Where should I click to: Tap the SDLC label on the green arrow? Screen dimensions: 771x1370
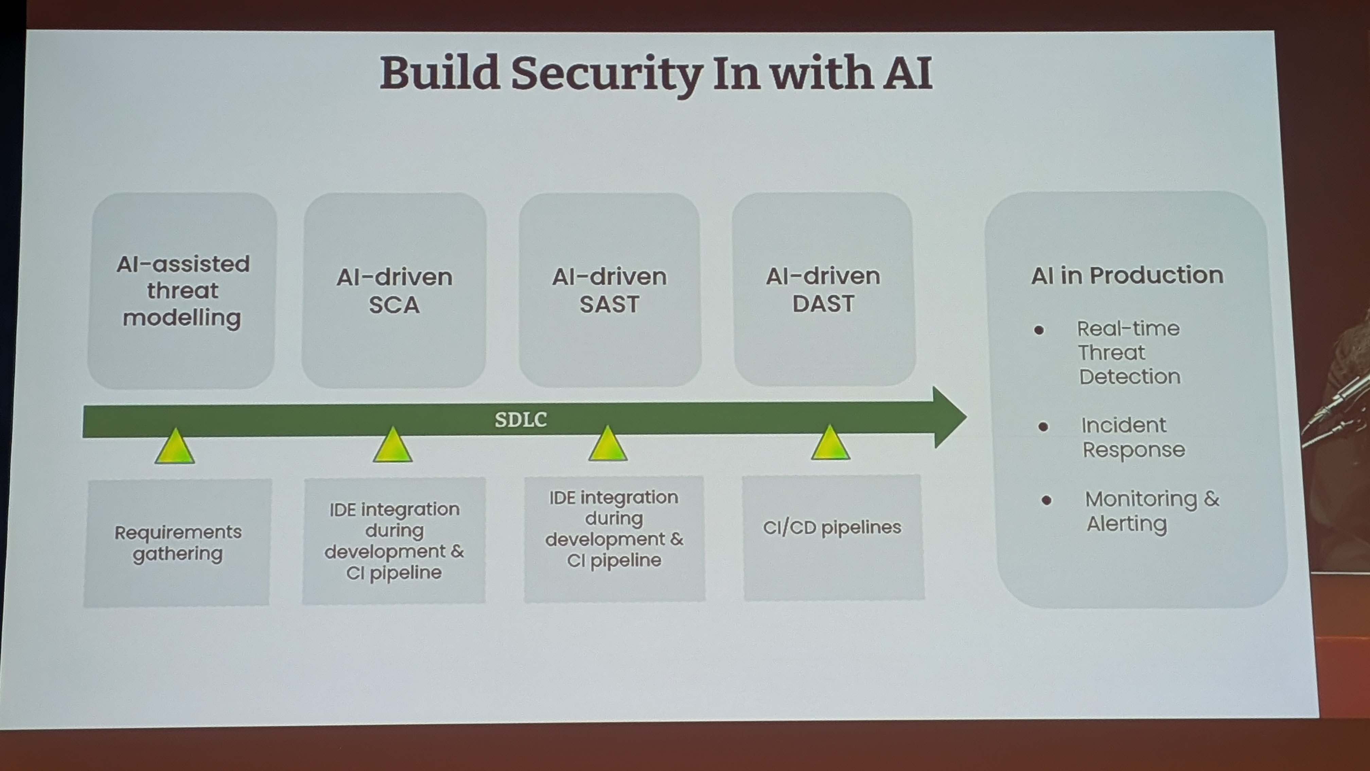(521, 420)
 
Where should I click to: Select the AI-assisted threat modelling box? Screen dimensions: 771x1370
(182, 291)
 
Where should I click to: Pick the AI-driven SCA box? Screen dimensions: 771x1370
(394, 291)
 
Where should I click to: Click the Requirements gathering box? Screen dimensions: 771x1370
(178, 543)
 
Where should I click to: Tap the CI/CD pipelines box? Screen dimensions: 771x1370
(833, 537)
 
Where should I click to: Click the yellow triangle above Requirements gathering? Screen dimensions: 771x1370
(175, 448)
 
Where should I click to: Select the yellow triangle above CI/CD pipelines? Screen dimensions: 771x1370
(830, 445)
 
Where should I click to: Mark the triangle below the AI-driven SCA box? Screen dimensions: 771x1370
(392, 446)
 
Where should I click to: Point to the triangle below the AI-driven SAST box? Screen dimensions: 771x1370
(608, 445)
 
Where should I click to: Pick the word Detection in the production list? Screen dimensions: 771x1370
(1130, 377)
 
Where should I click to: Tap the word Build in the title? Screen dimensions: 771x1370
(440, 73)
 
